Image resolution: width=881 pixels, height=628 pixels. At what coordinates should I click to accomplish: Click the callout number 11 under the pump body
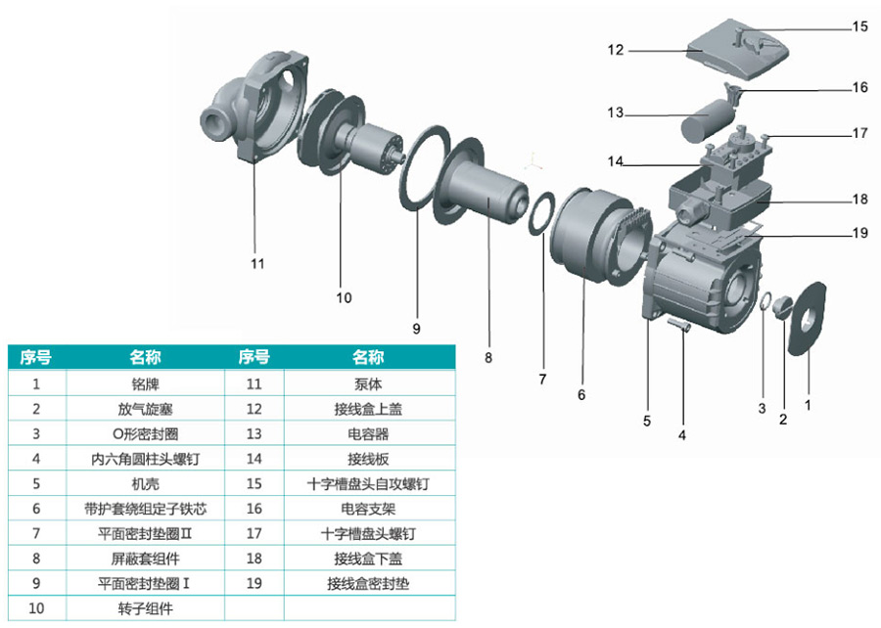click(x=257, y=263)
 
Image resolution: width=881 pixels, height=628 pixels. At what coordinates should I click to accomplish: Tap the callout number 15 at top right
click(x=858, y=26)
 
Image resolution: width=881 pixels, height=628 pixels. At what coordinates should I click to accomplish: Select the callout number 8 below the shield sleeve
click(x=488, y=358)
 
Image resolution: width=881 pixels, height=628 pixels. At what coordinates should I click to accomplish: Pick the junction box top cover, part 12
click(x=739, y=54)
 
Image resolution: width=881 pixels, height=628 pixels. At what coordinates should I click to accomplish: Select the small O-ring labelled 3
click(x=766, y=304)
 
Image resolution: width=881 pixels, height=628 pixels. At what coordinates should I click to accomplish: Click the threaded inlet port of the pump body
click(x=212, y=121)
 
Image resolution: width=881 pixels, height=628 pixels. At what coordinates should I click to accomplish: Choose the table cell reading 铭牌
click(x=145, y=383)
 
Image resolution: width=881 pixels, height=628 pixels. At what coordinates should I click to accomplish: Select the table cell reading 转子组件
click(x=145, y=607)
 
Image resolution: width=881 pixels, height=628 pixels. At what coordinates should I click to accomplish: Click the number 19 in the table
click(x=255, y=583)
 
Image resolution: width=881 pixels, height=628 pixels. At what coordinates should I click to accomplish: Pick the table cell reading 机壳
click(x=145, y=483)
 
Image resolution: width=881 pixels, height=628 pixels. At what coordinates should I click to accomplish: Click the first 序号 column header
click(x=36, y=357)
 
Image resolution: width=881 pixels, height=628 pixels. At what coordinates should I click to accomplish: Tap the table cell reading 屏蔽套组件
click(x=145, y=559)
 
